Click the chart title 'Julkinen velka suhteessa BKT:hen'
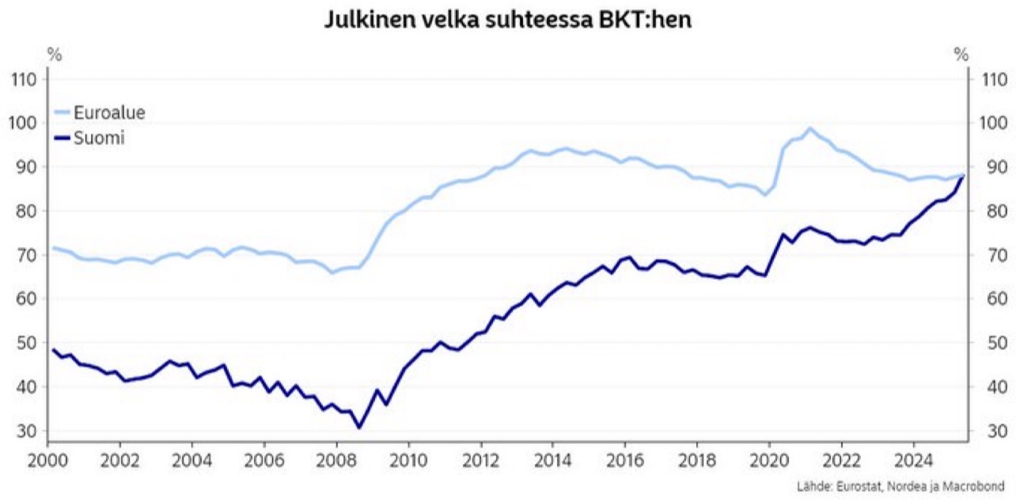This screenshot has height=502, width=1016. click(x=508, y=20)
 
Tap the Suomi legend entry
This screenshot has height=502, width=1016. click(x=100, y=138)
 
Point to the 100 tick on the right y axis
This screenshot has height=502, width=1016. click(x=993, y=123)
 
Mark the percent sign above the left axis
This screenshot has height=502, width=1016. click(x=54, y=55)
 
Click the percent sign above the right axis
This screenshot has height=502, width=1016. click(x=961, y=55)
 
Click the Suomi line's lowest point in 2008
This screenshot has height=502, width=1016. click(x=359, y=428)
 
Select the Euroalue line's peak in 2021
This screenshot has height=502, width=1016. click(x=809, y=128)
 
